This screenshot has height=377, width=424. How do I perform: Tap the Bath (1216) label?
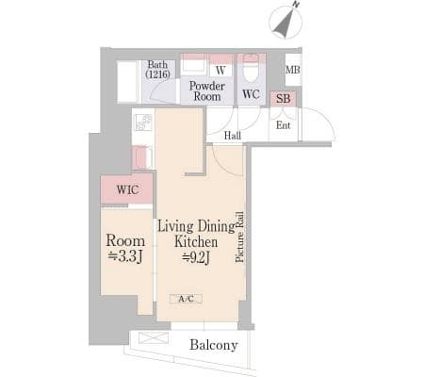[x=157, y=69]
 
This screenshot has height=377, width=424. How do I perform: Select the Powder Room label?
[x=207, y=91]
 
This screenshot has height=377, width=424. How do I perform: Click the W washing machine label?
[x=220, y=70]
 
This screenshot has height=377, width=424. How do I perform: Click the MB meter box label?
[x=293, y=70]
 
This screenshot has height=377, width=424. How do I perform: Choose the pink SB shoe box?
[x=283, y=98]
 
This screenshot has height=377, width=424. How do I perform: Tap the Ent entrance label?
[x=283, y=125]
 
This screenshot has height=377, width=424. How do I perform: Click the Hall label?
[x=233, y=136]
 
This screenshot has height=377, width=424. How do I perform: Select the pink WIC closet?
[x=126, y=188]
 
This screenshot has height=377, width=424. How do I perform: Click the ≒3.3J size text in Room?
[x=125, y=256]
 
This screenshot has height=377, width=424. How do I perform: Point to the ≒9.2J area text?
[x=196, y=257]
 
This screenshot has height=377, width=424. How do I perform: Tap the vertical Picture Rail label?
[x=240, y=237]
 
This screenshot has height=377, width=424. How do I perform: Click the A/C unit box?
[x=186, y=299]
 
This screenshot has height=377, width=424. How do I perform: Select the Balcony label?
[x=214, y=345]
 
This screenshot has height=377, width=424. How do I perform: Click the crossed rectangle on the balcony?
[x=154, y=337]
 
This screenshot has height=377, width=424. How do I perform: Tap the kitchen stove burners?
[x=143, y=123]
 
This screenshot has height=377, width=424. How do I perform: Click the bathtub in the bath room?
[x=128, y=82]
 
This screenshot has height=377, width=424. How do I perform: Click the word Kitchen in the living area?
[x=196, y=242]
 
